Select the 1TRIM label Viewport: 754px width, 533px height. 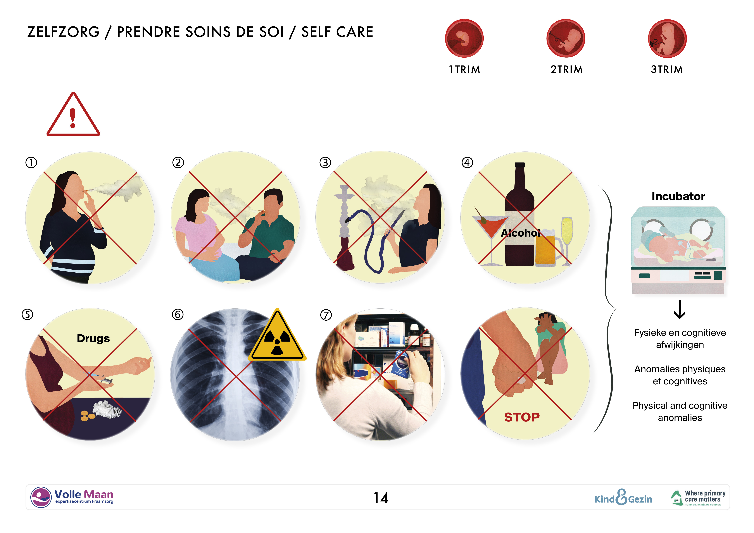(x=464, y=70)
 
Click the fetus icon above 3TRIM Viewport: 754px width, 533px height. (x=667, y=38)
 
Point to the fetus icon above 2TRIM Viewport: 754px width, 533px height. (x=566, y=38)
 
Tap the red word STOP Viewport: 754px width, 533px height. (x=522, y=417)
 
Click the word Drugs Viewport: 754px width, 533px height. (x=93, y=338)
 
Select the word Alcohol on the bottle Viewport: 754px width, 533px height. (x=521, y=233)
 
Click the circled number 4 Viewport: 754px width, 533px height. (x=467, y=162)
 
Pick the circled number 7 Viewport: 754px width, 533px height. (x=326, y=315)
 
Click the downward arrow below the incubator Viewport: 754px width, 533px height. (x=680, y=309)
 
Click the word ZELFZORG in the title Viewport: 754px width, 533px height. (x=63, y=32)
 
